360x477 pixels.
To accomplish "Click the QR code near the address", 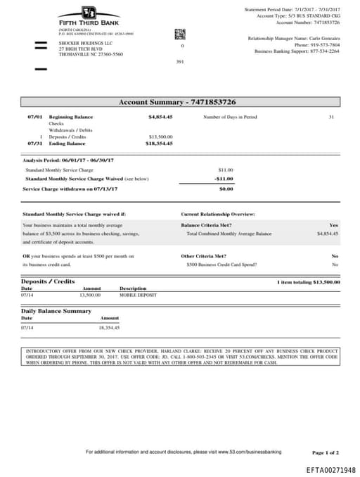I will click(x=180, y=34).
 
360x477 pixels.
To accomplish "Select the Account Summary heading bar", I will click(x=180, y=102).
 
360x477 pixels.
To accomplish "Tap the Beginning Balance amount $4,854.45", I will click(x=160, y=117).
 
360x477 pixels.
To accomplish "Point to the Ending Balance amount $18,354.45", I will click(x=159, y=143).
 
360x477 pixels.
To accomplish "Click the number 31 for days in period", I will click(x=331, y=117).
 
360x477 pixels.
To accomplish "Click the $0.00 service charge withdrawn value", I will click(x=226, y=189).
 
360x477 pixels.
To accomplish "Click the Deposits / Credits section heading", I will click(x=48, y=281).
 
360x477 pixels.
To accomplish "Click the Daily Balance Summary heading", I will click(x=56, y=310).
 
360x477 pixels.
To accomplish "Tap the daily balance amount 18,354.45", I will click(x=109, y=327).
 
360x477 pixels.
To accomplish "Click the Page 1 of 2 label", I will click(x=325, y=452).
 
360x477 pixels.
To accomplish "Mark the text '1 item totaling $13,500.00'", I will click(x=308, y=282).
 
